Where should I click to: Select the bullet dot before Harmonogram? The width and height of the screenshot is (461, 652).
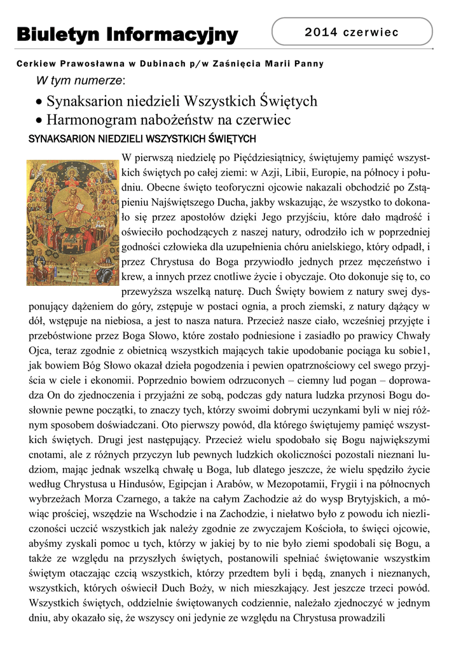[39, 120]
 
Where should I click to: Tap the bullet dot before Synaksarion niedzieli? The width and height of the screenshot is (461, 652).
[39, 102]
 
